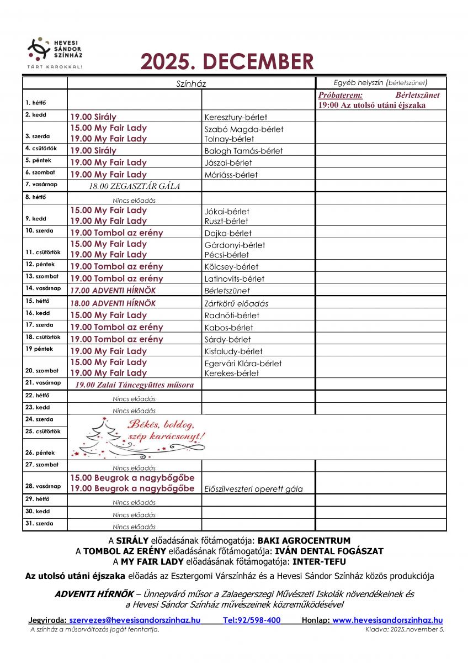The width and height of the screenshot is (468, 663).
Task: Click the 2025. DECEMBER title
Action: coord(227,62)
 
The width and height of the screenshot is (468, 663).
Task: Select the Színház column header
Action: coord(190,83)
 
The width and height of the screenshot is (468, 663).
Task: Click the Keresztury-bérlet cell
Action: coord(236,117)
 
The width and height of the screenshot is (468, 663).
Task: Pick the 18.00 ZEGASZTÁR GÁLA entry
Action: coord(135,186)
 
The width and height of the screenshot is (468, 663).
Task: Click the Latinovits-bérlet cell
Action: coord(235,278)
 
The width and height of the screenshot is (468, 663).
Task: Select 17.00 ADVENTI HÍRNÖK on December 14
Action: coord(113,290)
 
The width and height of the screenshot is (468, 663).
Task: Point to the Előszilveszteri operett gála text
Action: coord(253,488)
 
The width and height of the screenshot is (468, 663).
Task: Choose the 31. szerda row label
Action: coord(39,523)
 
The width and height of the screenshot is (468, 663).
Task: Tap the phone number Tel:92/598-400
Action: coord(252,620)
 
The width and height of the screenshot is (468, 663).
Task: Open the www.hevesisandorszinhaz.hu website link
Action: coord(387,620)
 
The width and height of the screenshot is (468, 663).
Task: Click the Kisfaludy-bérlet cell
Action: coord(233,351)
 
